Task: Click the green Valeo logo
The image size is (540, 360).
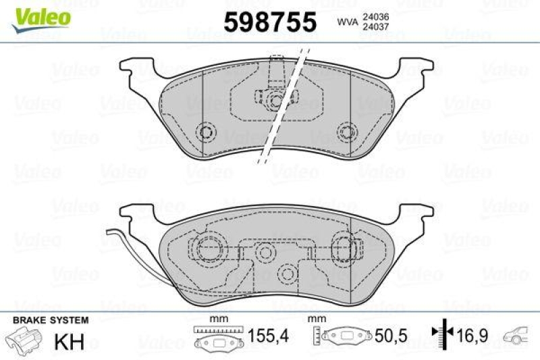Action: [x=41, y=20]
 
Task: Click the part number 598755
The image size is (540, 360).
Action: [x=270, y=22]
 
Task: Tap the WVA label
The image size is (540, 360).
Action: [x=347, y=22]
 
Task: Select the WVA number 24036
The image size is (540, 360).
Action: [x=375, y=16]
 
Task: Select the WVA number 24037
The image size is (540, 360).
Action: [x=375, y=26]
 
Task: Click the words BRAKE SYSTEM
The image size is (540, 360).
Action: [x=51, y=320]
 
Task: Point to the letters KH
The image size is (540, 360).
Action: [x=70, y=342]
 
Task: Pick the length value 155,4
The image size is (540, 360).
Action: [x=268, y=336]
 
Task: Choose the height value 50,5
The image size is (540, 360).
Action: [x=391, y=336]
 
